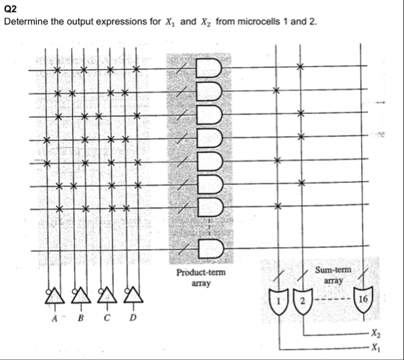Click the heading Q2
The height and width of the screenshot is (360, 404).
9,9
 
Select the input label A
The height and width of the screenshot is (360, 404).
54,318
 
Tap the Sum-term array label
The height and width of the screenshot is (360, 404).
329,274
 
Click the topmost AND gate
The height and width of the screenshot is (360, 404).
207,68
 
